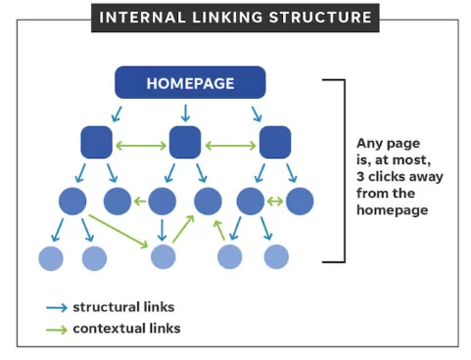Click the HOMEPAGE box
(x=190, y=82)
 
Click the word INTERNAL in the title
(x=143, y=17)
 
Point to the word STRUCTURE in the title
(x=327, y=17)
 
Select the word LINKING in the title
(x=235, y=17)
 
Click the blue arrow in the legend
(x=56, y=307)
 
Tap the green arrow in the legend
(x=56, y=329)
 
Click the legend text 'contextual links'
(x=126, y=329)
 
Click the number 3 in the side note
(x=361, y=177)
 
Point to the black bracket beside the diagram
(x=342, y=171)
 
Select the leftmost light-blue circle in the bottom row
(x=51, y=257)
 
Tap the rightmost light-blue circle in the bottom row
(x=276, y=257)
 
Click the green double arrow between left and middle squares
(x=140, y=147)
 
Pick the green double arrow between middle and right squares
(x=230, y=147)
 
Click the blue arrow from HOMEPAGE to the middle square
(x=185, y=113)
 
